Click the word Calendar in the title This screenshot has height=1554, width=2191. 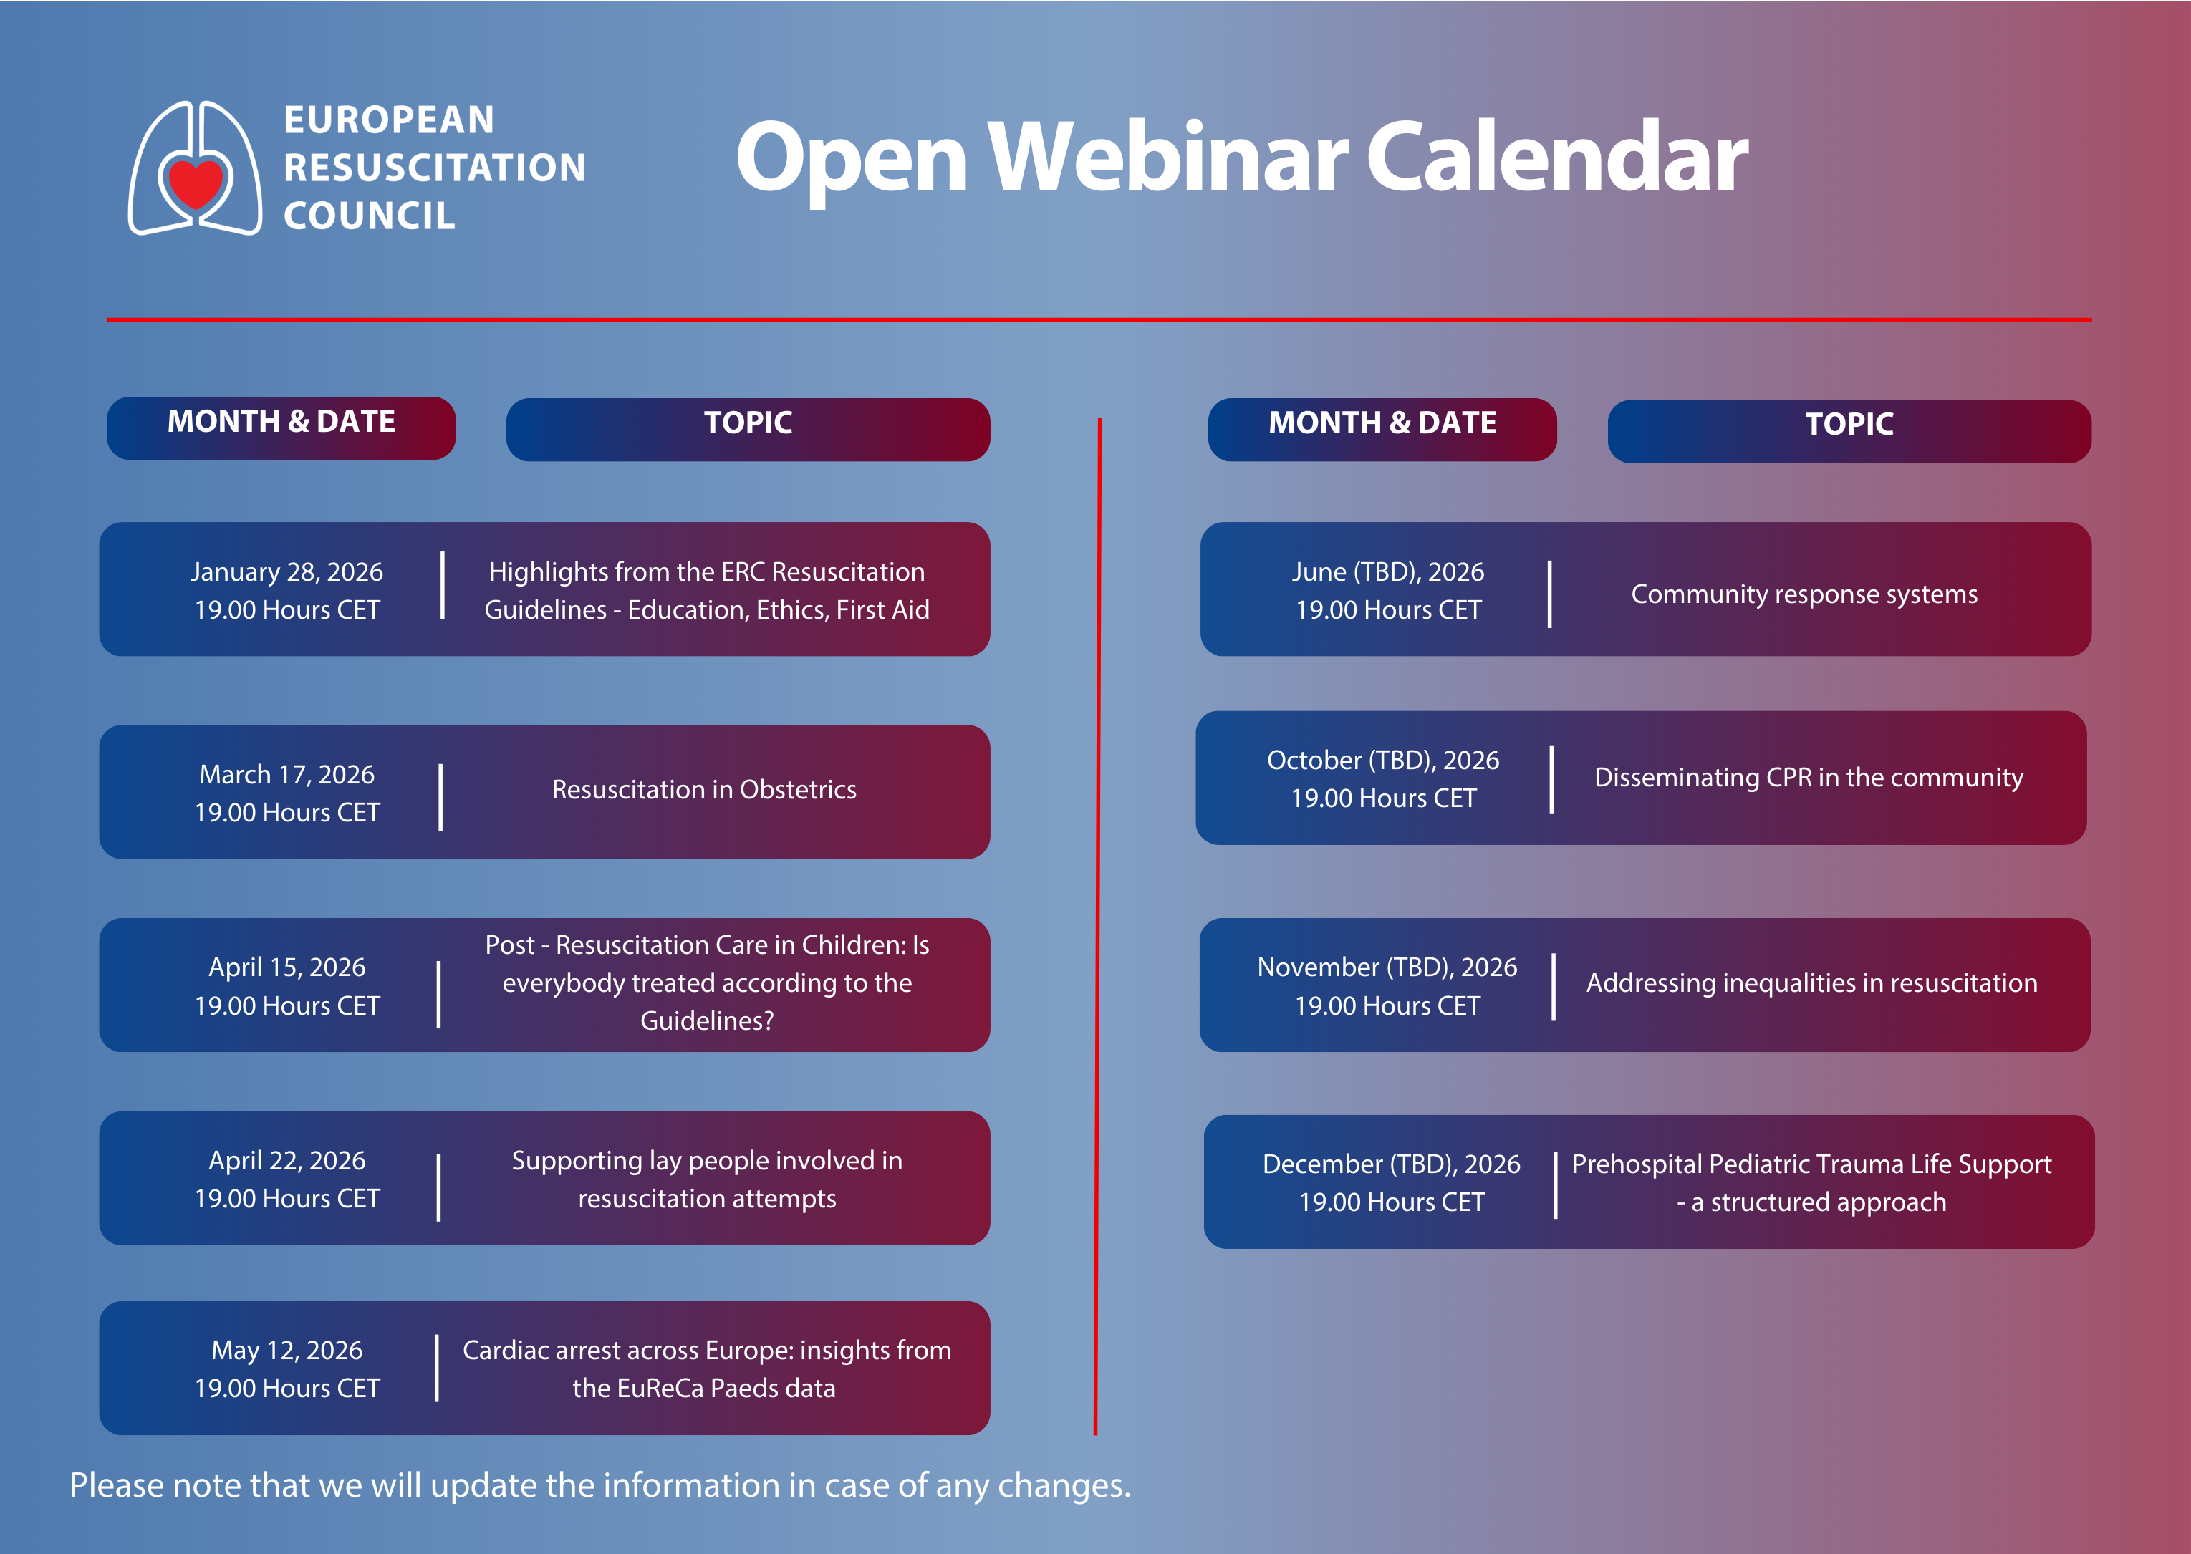coord(1556,158)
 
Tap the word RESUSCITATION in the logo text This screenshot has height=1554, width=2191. coord(434,168)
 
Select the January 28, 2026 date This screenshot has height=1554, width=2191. coord(287,571)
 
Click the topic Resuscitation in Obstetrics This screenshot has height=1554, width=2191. coord(704,789)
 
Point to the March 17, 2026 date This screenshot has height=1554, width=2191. coord(287,774)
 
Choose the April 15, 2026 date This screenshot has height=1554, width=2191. coord(287,967)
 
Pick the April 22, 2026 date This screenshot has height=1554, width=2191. coord(287,1161)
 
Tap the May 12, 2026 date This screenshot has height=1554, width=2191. coord(287,1350)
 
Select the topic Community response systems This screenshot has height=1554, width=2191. coord(1804,594)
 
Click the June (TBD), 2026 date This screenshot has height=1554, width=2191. coord(1388,572)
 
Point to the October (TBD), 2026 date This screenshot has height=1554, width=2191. coord(1384,761)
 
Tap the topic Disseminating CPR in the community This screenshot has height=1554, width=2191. coord(1809,777)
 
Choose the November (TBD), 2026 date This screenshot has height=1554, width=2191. coord(1387,967)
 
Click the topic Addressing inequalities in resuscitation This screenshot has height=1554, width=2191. coord(1812,983)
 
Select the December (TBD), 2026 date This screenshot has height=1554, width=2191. coord(1391,1164)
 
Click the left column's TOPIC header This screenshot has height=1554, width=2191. coord(748,423)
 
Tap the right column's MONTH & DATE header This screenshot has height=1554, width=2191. coord(1382,423)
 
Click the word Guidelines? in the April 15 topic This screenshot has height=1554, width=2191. coord(707,1021)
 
